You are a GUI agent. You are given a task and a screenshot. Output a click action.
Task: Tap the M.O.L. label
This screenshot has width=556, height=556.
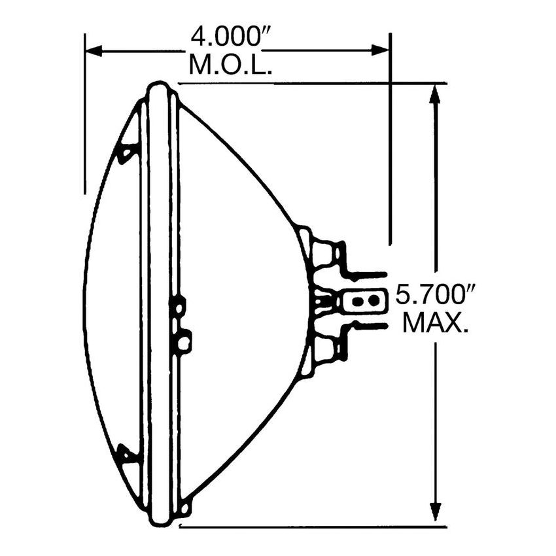point(230,65)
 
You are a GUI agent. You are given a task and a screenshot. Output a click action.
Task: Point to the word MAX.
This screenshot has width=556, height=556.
point(436,323)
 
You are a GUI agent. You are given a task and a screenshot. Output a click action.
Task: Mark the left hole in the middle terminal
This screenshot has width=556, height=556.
point(358,302)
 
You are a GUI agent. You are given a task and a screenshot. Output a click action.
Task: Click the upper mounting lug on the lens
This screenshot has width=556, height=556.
point(126,152)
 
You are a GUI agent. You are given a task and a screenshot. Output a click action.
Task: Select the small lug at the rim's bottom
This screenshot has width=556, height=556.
point(186,506)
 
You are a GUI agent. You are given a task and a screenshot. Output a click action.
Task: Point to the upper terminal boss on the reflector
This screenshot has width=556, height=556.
point(325,252)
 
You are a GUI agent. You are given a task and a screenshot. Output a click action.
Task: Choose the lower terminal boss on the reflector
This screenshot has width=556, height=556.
point(325,349)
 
